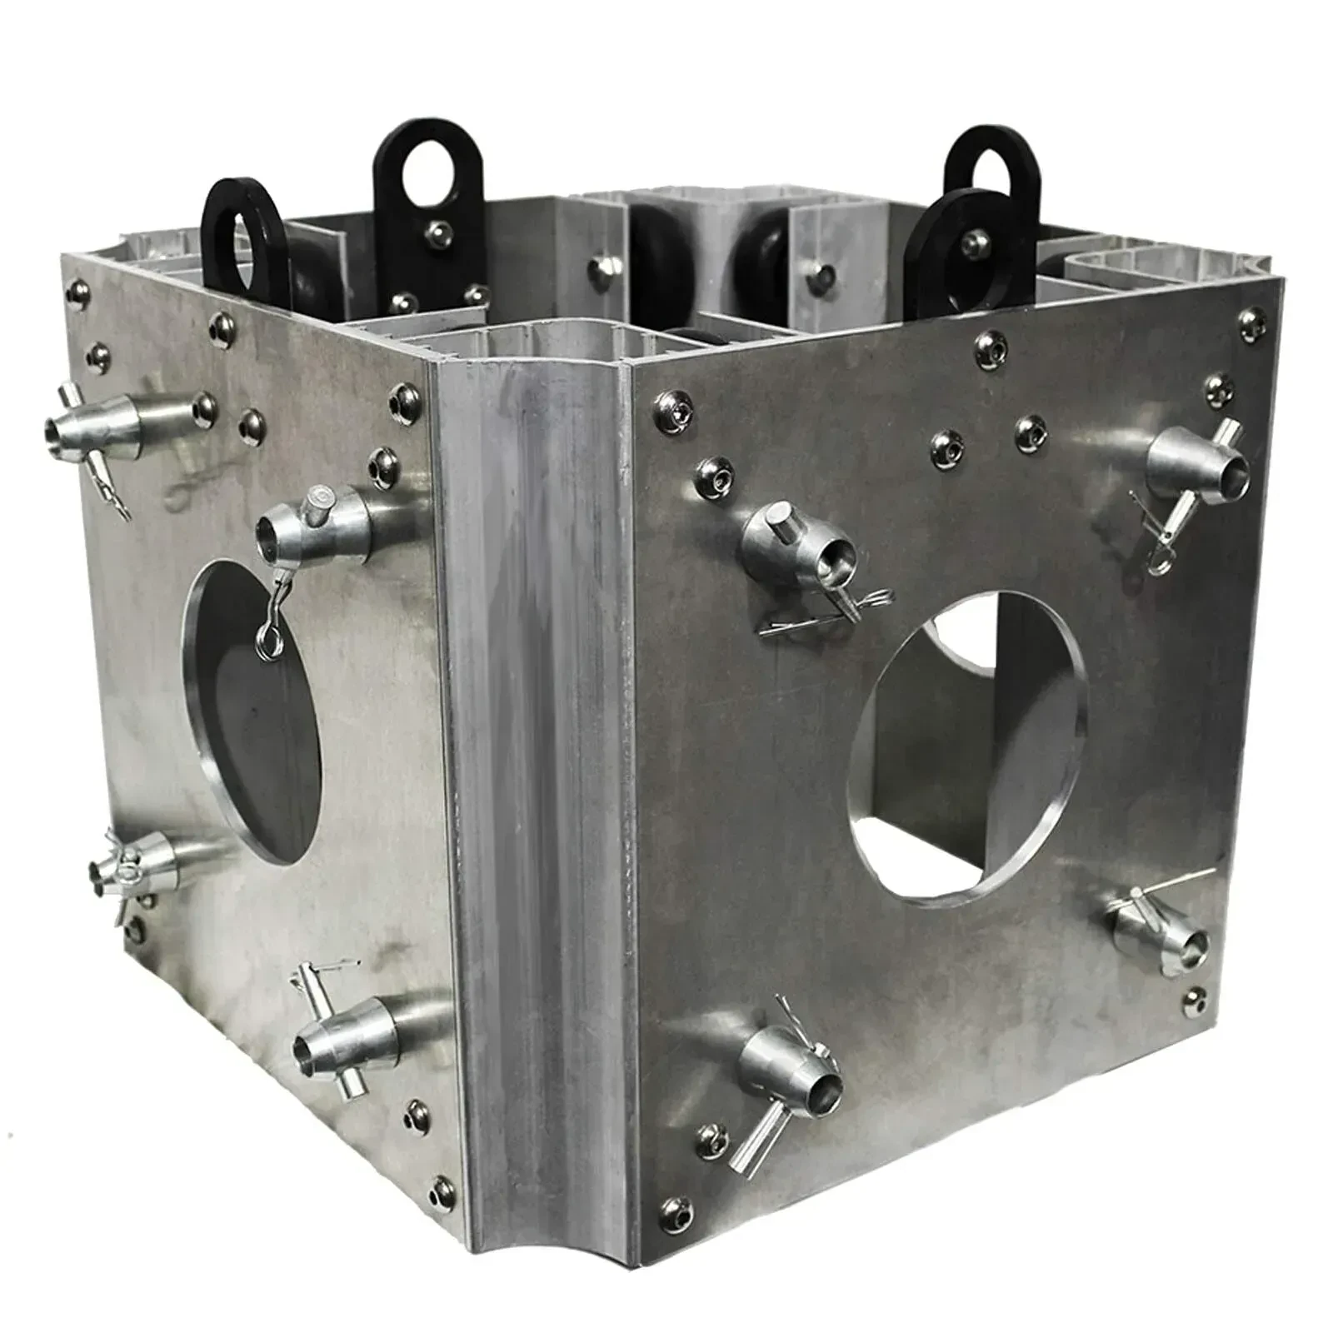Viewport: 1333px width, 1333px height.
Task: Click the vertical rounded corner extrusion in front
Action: pos(533,750)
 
